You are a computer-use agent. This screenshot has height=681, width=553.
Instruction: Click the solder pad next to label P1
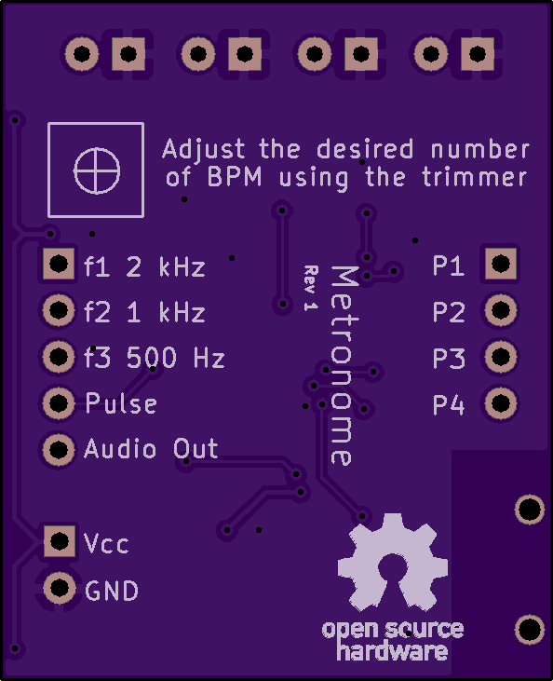501,264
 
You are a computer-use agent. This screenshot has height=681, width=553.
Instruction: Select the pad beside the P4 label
501,403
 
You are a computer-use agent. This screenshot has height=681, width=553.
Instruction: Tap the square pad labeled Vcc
60,541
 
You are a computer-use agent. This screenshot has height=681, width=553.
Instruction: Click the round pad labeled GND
60,588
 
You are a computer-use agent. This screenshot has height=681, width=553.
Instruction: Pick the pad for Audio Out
58,450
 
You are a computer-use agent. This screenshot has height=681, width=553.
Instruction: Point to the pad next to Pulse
58,403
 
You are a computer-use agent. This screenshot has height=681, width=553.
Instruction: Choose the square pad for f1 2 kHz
58,264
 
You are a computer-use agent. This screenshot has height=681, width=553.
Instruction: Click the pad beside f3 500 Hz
58,357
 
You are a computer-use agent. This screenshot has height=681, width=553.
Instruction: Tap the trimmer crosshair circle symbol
97,170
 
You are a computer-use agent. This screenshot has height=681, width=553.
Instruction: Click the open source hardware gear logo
393,563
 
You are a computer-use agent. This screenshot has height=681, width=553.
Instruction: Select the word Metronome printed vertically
344,366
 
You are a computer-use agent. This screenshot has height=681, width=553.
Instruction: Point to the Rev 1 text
311,288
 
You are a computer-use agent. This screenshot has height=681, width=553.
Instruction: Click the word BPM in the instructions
235,176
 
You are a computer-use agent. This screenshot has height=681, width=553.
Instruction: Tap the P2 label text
449,311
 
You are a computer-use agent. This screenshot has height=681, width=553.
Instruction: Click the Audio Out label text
151,448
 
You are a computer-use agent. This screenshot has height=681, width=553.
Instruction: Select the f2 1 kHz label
144,311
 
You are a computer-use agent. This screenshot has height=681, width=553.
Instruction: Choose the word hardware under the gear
392,651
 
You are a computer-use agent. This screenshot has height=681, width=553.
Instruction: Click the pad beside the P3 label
501,357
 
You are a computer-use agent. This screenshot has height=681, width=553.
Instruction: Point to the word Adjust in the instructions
204,150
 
